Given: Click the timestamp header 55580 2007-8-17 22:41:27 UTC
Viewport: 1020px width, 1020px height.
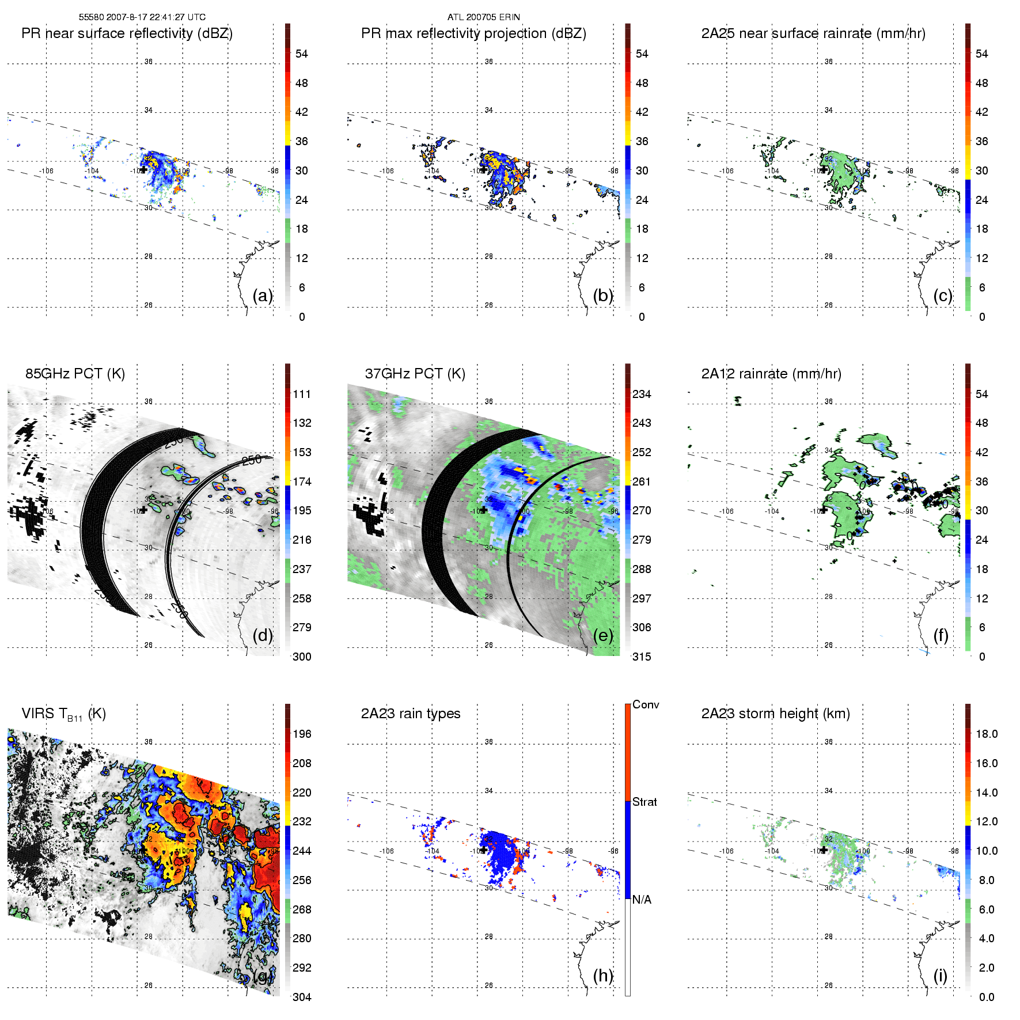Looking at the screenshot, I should click(x=142, y=17).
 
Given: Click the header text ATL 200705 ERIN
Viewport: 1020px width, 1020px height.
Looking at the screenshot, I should click(x=483, y=17).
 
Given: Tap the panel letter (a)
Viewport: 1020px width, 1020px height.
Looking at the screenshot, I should click(x=263, y=295).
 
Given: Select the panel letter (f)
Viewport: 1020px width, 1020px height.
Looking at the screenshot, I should click(x=941, y=635).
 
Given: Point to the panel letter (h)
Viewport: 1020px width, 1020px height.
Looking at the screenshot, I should click(x=603, y=975).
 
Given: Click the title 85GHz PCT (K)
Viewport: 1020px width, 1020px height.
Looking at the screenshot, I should click(x=75, y=373).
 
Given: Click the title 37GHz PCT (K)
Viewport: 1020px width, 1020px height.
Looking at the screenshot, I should click(x=415, y=373).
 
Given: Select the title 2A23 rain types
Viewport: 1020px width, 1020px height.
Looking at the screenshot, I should click(x=411, y=714).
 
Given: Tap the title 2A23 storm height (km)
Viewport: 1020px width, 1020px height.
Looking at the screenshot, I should click(x=775, y=714).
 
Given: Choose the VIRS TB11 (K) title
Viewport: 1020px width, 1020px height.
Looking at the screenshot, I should click(x=63, y=714).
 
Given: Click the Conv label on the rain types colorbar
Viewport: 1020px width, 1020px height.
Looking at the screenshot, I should click(x=646, y=704).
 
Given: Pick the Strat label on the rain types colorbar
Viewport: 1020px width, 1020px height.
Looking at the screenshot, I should click(x=644, y=802).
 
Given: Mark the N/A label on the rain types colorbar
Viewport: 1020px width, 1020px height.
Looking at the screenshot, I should click(x=642, y=900).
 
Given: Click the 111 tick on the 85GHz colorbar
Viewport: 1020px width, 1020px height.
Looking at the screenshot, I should click(x=302, y=394).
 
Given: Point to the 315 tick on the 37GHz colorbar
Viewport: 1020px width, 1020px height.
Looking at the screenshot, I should click(x=642, y=657).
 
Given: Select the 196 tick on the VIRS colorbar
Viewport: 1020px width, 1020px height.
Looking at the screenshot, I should click(x=302, y=734).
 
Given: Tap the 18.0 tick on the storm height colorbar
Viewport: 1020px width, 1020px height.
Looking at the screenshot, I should click(x=987, y=734).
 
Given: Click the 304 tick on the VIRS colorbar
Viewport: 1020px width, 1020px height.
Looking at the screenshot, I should click(x=302, y=997).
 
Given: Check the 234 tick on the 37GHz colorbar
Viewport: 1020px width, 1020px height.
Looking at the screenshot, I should click(x=642, y=394).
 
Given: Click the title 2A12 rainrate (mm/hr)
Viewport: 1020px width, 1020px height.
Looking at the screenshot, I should click(x=771, y=373).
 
